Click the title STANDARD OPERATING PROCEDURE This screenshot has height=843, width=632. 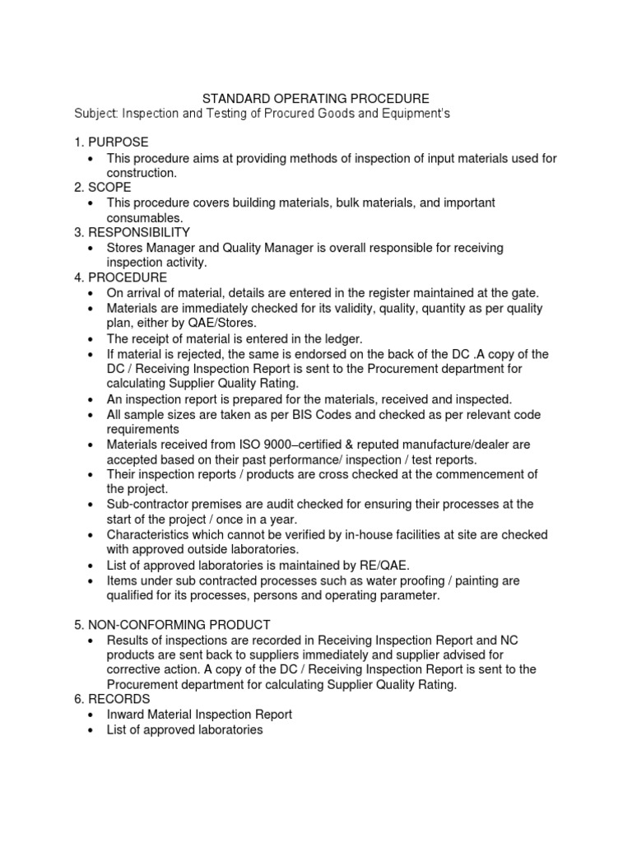[x=316, y=97]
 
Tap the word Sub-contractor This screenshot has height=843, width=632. [x=148, y=504]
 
